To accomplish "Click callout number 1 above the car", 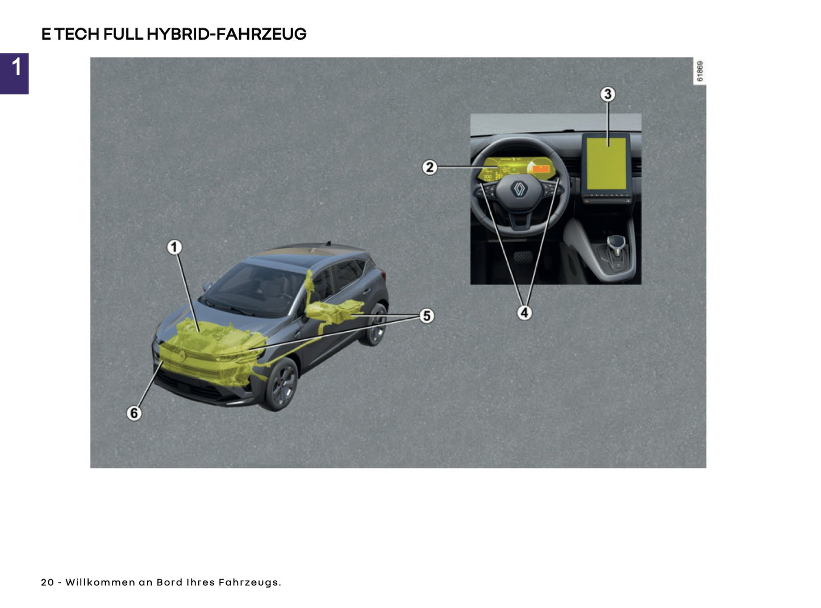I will pyautogui.click(x=174, y=247).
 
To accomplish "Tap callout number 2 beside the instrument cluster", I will pyautogui.click(x=430, y=167).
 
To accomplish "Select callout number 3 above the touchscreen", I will pyautogui.click(x=607, y=94).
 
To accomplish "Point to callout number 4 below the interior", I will pyautogui.click(x=524, y=313).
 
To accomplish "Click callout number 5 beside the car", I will pyautogui.click(x=427, y=315).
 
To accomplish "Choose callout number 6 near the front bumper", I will pyautogui.click(x=134, y=413).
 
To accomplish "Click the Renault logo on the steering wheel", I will pyautogui.click(x=519, y=189).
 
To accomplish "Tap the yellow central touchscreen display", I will pyautogui.click(x=606, y=164).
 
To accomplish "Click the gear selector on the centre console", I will pyautogui.click(x=616, y=245).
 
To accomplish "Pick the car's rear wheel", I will pyautogui.click(x=375, y=325).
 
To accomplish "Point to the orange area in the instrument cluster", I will pyautogui.click(x=540, y=168).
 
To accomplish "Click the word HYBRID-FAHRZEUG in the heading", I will pyautogui.click(x=226, y=34).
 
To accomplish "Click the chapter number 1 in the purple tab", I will pyautogui.click(x=16, y=67).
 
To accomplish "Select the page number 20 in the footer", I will pyautogui.click(x=48, y=582).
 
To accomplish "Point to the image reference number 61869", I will pyautogui.click(x=700, y=71).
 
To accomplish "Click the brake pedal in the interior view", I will pyautogui.click(x=523, y=257).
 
